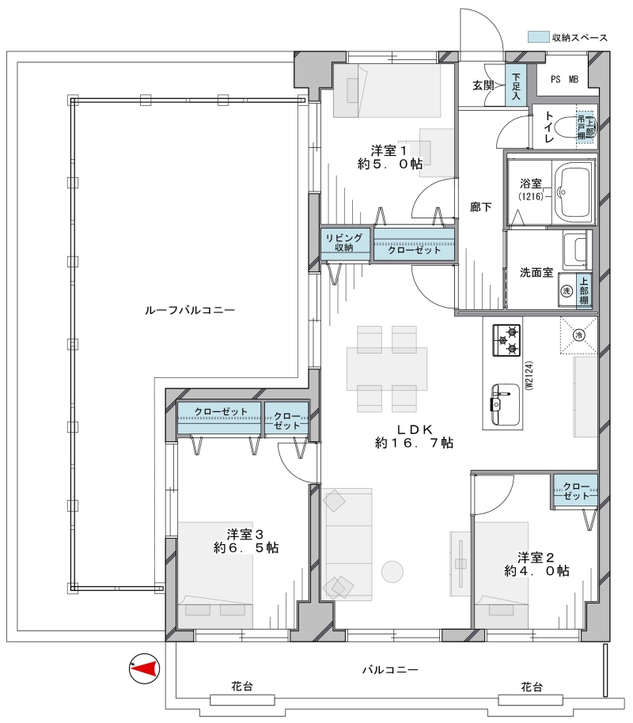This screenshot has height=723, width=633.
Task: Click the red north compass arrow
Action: tap(146, 668)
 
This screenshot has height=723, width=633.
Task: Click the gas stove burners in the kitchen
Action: tap(506, 340)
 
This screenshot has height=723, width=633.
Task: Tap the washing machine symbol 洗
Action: tap(567, 290)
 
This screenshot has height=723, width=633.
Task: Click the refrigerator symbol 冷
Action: tap(578, 335)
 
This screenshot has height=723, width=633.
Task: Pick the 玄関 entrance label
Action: tap(483, 85)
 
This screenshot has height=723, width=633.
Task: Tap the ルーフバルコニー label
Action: tap(190, 310)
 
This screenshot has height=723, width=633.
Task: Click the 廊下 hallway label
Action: tap(481, 207)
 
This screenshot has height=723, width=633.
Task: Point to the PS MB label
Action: tap(564, 79)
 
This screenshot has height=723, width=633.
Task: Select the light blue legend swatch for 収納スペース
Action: tap(538, 36)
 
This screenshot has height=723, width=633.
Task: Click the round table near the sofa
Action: tap(392, 572)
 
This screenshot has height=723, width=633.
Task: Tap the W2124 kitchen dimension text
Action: tap(529, 376)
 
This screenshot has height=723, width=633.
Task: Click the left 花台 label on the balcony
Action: tap(242, 687)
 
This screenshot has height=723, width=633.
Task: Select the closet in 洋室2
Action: tap(576, 490)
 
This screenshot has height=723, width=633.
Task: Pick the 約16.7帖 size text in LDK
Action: tap(415, 443)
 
